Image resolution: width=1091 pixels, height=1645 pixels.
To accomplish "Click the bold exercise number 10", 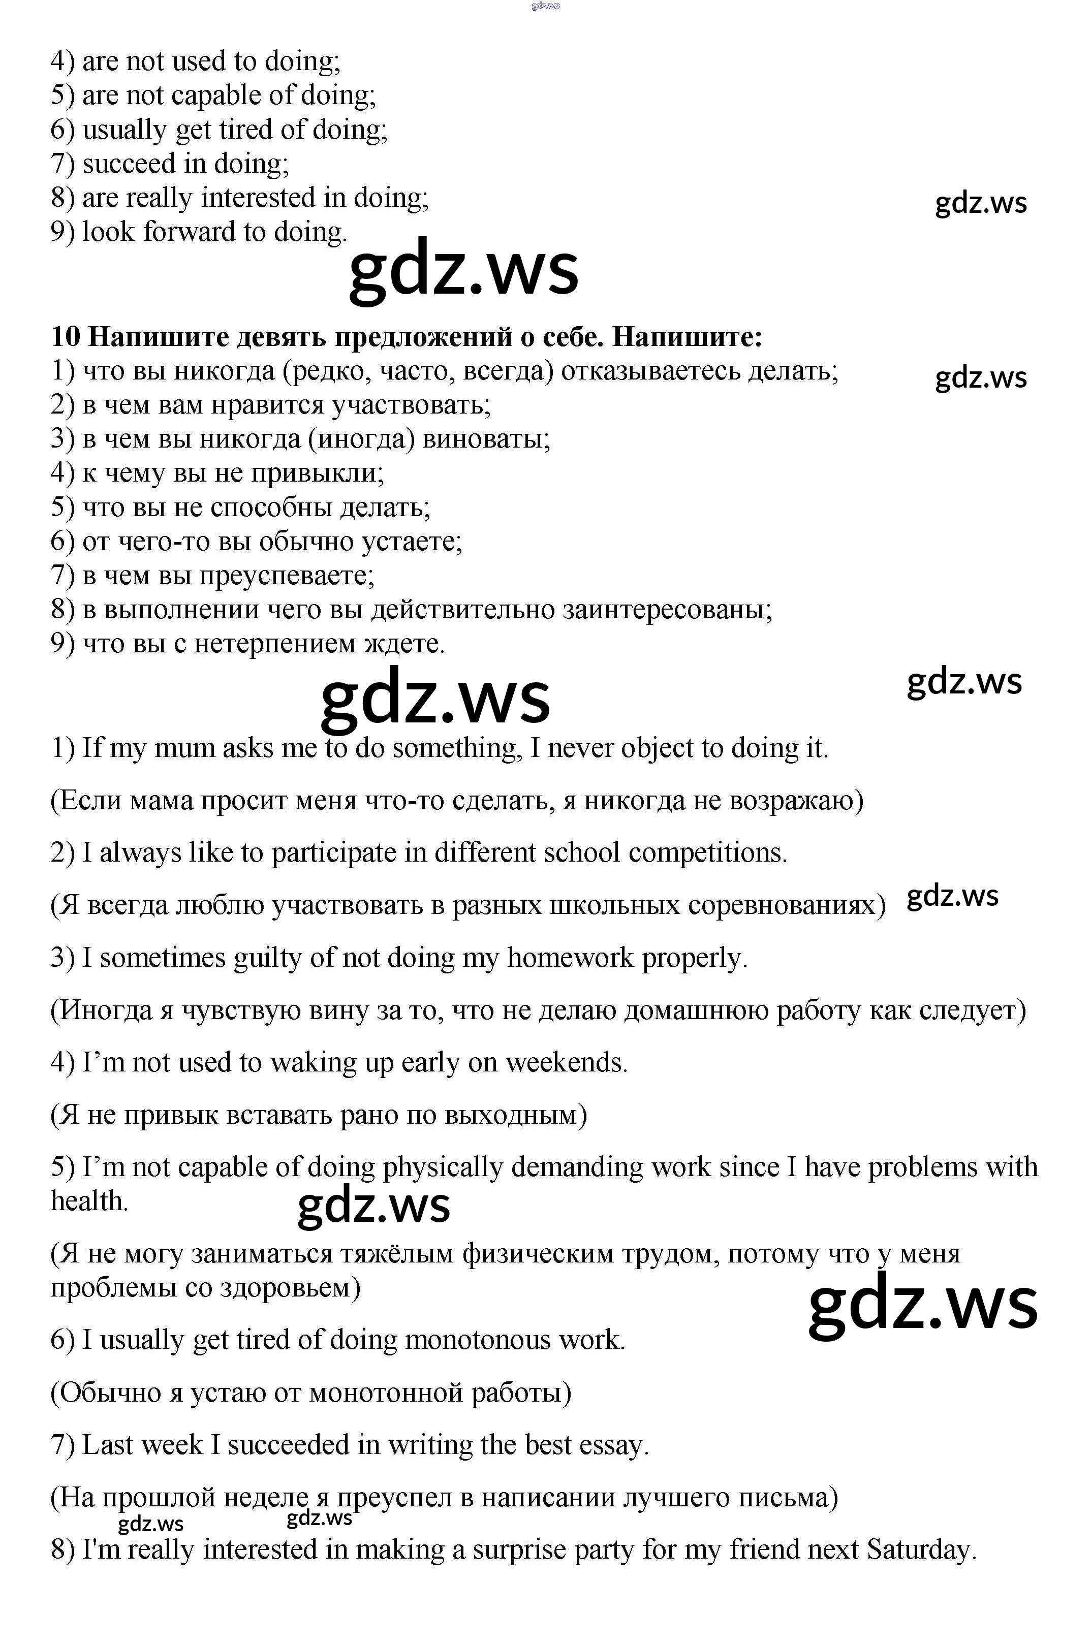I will (x=66, y=337).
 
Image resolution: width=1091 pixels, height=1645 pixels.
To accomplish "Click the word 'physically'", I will (x=442, y=1166).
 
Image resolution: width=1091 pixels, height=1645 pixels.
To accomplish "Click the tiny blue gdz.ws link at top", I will (x=545, y=6).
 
